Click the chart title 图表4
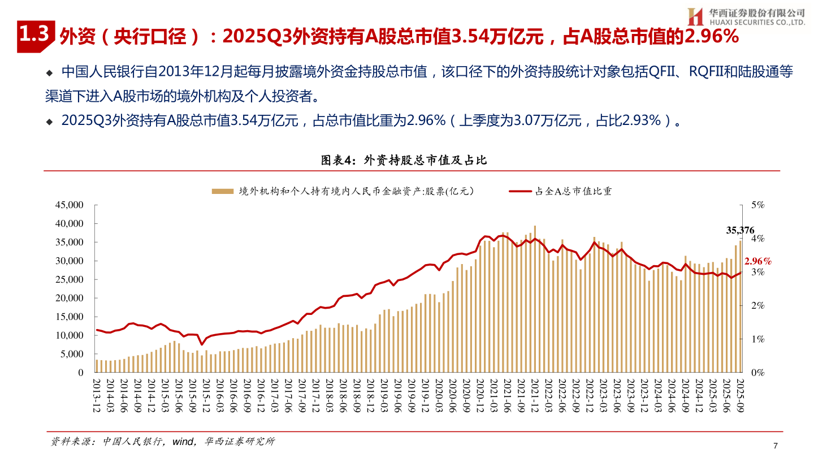[x=404, y=160]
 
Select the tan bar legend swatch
[x=223, y=191]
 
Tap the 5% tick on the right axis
[x=757, y=205]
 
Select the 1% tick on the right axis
[x=757, y=339]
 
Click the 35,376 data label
[x=740, y=230]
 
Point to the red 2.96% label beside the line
[x=758, y=261]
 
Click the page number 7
[x=775, y=446]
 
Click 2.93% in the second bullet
[x=640, y=120]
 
